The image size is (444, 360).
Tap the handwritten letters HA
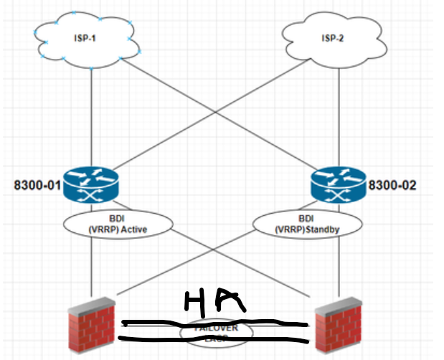[216, 300]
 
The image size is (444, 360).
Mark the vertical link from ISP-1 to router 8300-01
[92, 115]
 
